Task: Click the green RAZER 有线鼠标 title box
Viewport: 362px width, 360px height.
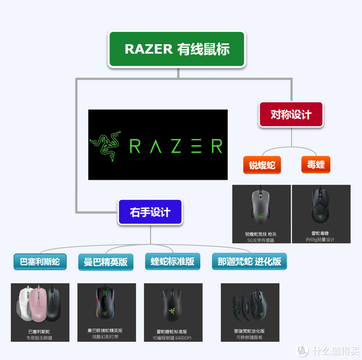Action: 177,49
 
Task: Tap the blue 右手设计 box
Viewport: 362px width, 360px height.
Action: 150,213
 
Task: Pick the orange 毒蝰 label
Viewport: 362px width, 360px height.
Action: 316,164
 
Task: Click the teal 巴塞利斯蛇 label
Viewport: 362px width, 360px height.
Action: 40,261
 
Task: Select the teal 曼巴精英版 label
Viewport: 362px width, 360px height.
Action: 106,262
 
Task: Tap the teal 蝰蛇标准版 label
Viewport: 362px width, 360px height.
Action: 172,261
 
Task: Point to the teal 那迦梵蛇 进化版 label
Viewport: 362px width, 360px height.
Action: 249,261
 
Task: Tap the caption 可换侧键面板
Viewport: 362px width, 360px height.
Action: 249,337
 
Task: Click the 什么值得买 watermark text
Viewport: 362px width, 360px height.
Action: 335,350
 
